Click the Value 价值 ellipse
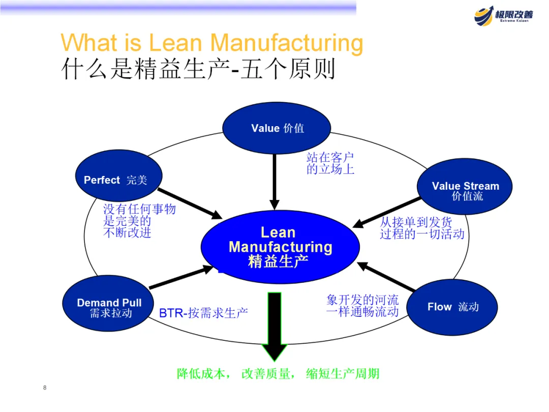pos(277,128)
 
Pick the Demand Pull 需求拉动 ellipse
pos(109,307)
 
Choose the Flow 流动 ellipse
pos(452,307)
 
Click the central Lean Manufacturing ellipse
pos(280,247)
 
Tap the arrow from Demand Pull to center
pos(180,278)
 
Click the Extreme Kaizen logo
pos(503,15)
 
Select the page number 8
pos(45,388)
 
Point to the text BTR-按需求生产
pos(203,312)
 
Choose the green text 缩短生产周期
pos(343,374)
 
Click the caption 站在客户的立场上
pos(330,163)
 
